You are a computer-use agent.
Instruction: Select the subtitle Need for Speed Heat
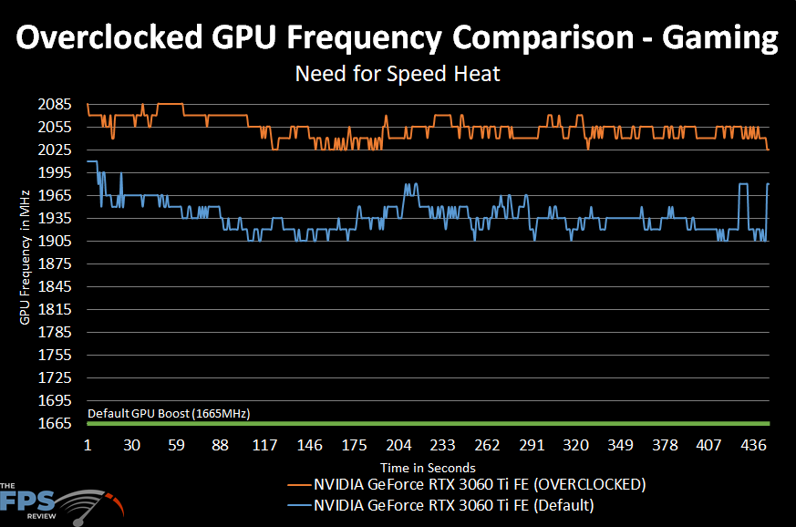pos(398,74)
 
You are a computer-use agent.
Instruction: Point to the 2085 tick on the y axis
pos(57,105)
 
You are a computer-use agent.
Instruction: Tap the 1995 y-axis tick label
pos(57,173)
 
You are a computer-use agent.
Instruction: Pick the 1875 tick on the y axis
pos(57,264)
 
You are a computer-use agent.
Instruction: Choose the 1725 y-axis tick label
pos(57,377)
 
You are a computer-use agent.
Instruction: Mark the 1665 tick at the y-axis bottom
pos(57,423)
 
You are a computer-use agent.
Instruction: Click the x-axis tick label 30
pos(132,446)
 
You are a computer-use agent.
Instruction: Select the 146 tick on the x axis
pos(309,446)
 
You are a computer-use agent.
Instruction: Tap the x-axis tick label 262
pos(487,446)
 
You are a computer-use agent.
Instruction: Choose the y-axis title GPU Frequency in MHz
pos(25,256)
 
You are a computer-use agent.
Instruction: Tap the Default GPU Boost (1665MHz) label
pos(169,414)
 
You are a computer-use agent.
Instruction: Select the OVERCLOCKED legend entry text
pos(480,483)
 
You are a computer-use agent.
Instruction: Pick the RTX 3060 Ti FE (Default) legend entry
pos(453,504)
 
